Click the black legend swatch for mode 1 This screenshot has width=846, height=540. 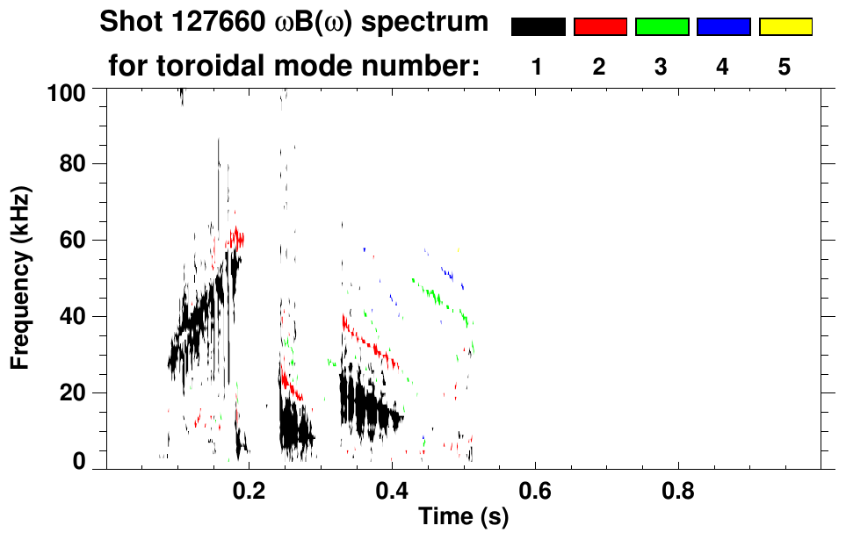point(538,27)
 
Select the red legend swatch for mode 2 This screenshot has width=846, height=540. point(600,27)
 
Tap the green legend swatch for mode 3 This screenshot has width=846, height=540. point(662,27)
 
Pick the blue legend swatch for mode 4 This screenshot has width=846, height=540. point(723,27)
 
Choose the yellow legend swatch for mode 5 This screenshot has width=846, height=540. point(785,27)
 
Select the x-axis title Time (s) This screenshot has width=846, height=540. point(462,518)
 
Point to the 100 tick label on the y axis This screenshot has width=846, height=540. point(69,91)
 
